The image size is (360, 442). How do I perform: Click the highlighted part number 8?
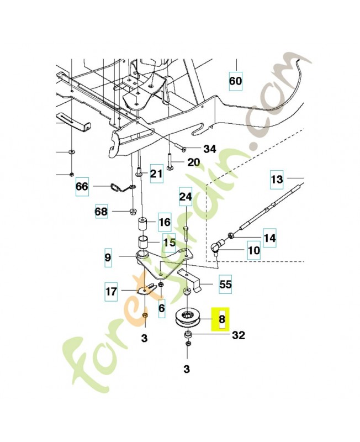tap(221, 319)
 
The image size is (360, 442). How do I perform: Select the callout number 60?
tap(235, 81)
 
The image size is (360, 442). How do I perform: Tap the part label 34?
tap(210, 149)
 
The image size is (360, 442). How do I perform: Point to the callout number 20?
tap(193, 162)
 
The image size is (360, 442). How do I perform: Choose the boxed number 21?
tap(157, 175)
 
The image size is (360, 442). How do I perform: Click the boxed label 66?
tap(82, 187)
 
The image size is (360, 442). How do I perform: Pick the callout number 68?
tap(101, 212)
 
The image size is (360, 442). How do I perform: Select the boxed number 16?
tap(165, 223)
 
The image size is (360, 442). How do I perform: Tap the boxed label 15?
tap(169, 243)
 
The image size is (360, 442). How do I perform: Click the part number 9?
tap(108, 257)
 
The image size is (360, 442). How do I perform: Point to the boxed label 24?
tap(186, 196)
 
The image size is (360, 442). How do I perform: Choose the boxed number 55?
tap(225, 285)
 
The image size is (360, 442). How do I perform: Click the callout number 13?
tap(277, 179)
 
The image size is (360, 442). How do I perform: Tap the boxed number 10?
tap(253, 251)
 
